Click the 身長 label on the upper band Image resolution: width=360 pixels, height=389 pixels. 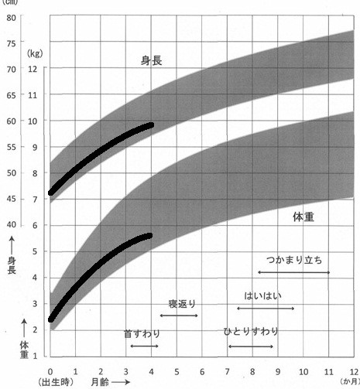tap(151, 60)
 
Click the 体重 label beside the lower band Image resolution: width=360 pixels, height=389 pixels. tap(303, 217)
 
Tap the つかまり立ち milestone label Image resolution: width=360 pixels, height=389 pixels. tap(293, 260)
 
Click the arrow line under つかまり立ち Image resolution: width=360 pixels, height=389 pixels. tap(293, 272)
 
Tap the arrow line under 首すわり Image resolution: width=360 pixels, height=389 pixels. tap(144, 346)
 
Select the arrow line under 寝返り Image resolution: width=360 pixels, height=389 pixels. tap(179, 316)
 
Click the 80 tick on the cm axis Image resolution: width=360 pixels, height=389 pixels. tap(12, 17)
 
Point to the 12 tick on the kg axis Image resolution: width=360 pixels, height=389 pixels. tap(33, 70)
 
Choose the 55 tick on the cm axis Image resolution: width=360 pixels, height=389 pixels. tap(12, 147)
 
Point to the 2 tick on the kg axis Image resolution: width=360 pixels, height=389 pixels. tap(33, 330)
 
